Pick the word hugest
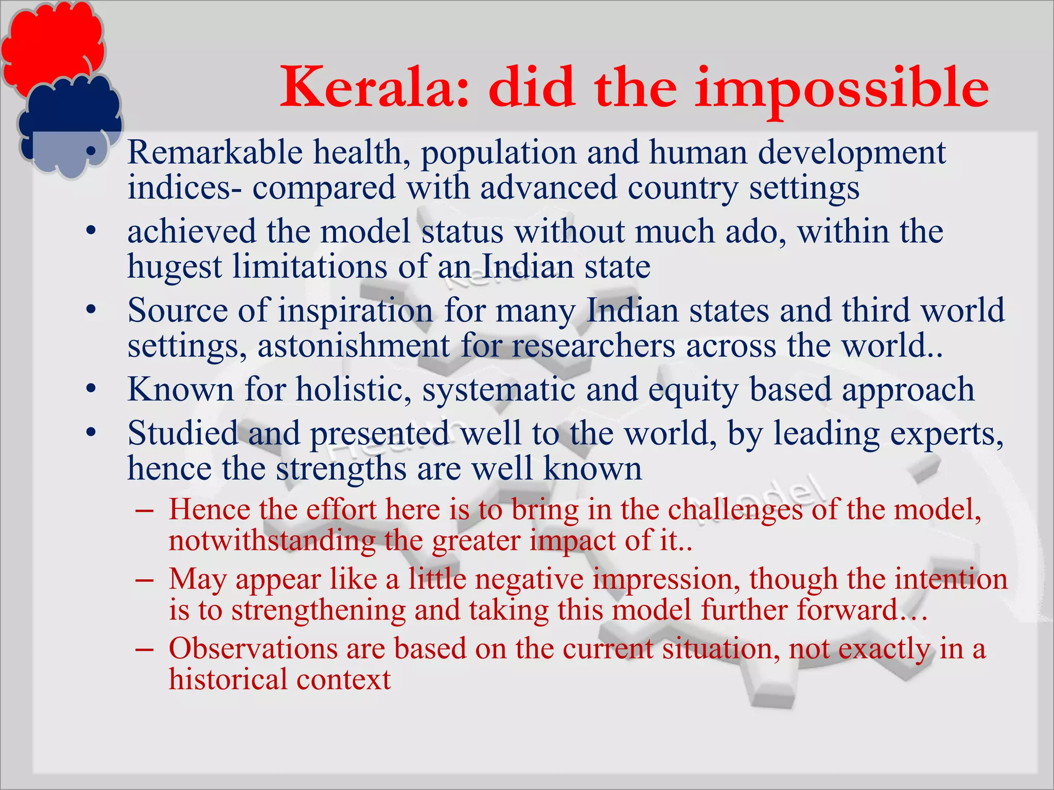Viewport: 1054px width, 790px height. [175, 267]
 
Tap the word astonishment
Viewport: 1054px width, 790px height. [354, 346]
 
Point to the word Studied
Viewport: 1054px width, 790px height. [183, 433]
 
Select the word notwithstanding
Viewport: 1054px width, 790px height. [272, 541]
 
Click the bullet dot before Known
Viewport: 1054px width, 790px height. [91, 389]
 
